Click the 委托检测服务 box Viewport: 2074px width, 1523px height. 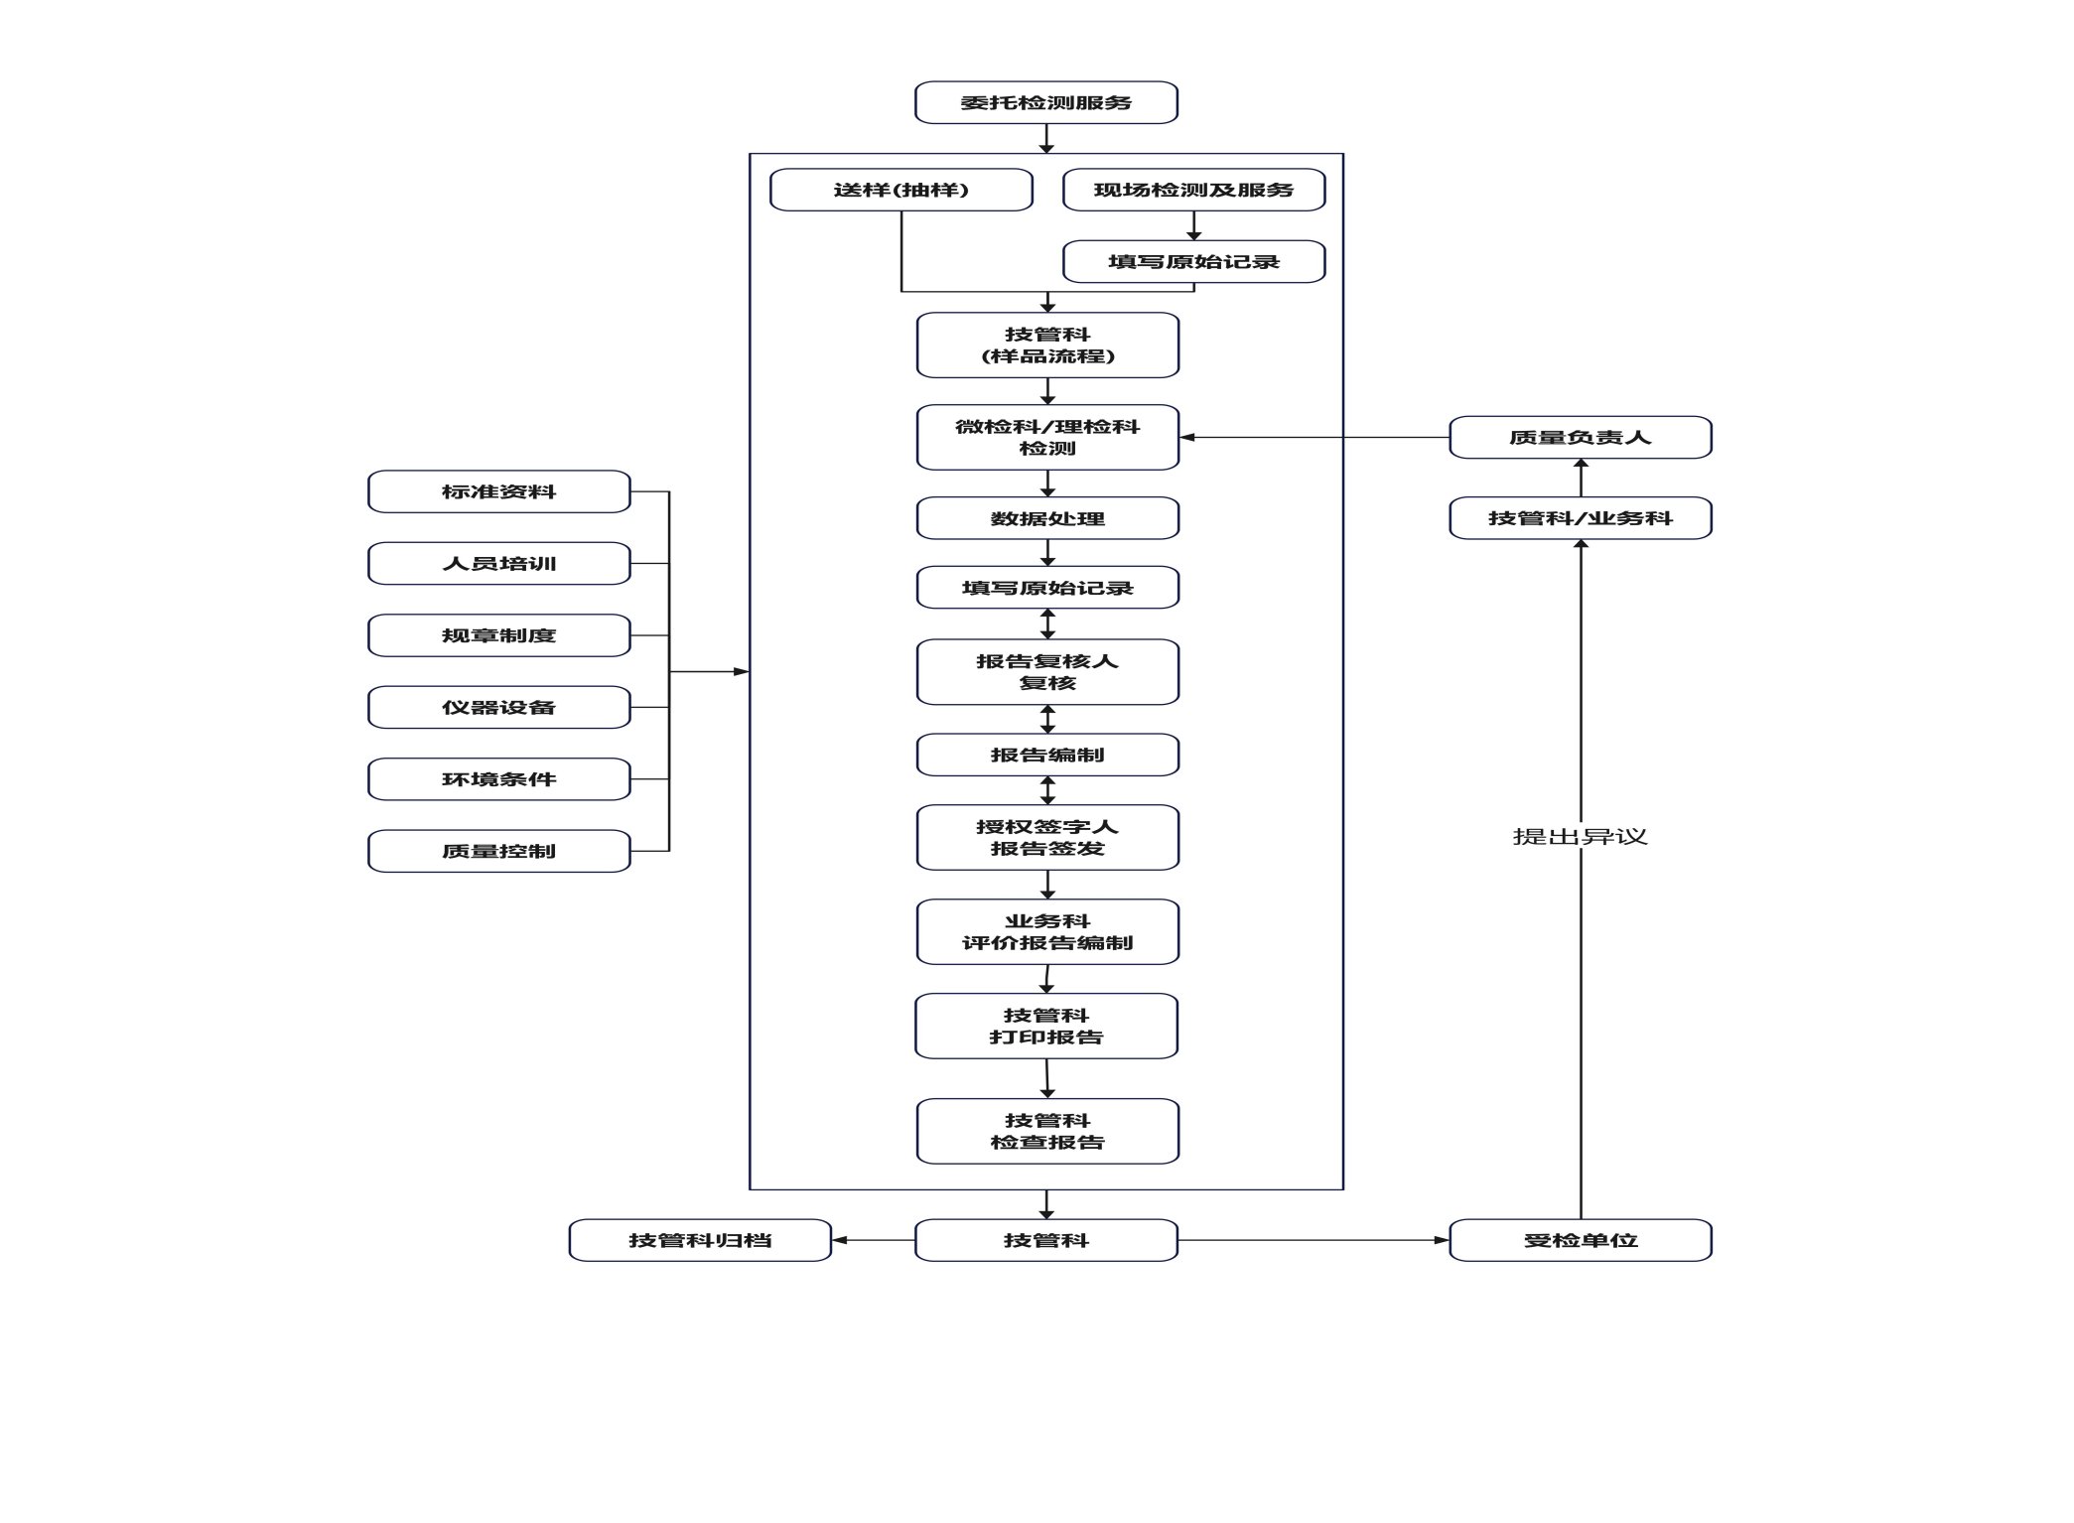coord(1045,102)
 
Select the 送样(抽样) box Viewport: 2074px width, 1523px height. coord(901,190)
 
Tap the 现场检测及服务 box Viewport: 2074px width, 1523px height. coord(1193,190)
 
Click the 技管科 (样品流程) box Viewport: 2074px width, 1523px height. coord(1047,346)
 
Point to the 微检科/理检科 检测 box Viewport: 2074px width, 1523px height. coord(1047,437)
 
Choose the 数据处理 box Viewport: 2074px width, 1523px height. coord(1047,518)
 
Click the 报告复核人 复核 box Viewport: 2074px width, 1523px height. coord(1047,672)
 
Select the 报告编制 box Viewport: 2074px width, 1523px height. coord(1047,755)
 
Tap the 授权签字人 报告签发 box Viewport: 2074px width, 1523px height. coord(1047,838)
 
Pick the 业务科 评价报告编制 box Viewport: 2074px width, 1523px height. coord(1047,932)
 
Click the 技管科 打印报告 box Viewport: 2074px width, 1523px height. coord(1045,1026)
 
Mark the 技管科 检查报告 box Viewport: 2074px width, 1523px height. coord(1047,1131)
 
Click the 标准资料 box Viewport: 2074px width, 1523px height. coord(498,491)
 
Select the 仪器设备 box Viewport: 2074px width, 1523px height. coord(498,707)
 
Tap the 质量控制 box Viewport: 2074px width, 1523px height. coord(498,851)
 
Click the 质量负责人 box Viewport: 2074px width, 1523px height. coord(1581,437)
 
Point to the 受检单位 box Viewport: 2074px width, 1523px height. coord(1581,1240)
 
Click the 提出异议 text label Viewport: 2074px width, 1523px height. coord(1581,837)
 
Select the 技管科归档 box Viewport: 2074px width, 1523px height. coord(700,1240)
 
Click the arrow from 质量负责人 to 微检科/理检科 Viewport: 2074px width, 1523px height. coord(1314,437)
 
